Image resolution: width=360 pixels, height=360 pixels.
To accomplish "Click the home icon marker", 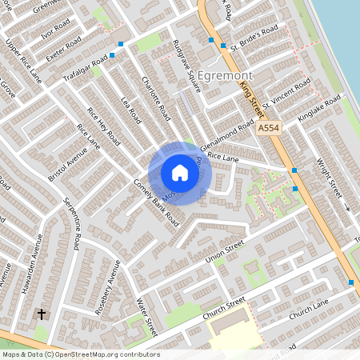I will pyautogui.click(x=180, y=173).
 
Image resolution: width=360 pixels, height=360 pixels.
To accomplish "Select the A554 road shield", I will pyautogui.click(x=268, y=127).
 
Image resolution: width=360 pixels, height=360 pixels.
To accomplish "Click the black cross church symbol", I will pyautogui.click(x=41, y=314).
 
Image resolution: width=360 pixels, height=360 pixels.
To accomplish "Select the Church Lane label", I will pyautogui.click(x=308, y=306).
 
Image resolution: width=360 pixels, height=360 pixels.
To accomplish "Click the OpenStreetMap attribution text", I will pyautogui.click(x=80, y=354).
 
